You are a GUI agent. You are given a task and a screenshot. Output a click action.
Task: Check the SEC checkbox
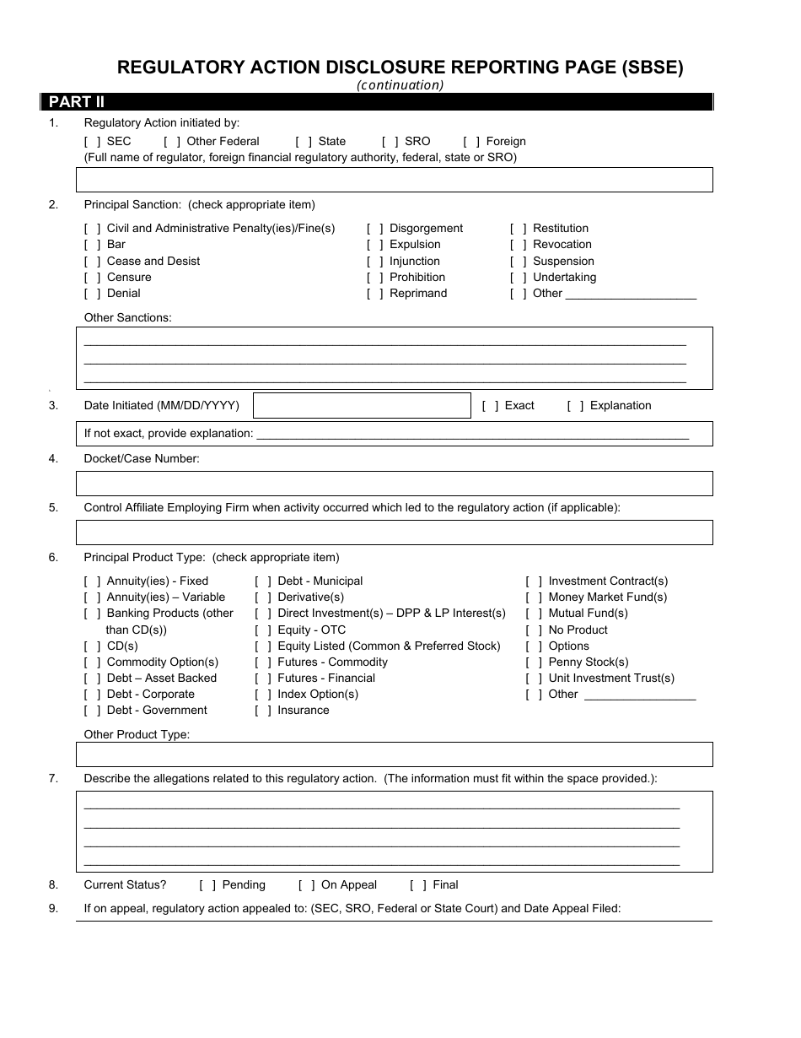tap(93, 142)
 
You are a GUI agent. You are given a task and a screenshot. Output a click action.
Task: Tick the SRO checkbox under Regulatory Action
tap(390, 142)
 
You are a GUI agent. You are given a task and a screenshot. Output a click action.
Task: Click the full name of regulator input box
tap(394, 180)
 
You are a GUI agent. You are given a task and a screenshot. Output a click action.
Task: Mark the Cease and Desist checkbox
tap(93, 262)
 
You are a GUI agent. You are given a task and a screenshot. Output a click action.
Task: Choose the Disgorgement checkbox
tap(375, 229)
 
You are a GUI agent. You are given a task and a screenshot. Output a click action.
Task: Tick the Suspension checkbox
tap(519, 262)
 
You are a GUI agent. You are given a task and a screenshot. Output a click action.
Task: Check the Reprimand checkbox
tap(375, 294)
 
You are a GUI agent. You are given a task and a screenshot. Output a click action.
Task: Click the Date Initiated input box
tap(362, 406)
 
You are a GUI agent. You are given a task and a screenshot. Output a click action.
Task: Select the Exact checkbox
tap(491, 406)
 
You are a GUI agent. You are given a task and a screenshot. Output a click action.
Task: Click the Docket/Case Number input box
tap(394, 484)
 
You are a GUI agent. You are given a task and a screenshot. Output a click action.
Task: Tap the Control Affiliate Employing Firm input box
tap(394, 533)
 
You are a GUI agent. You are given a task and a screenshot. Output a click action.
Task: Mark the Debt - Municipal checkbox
tap(263, 581)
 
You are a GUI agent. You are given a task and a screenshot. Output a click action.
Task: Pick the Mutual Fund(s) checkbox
tap(534, 614)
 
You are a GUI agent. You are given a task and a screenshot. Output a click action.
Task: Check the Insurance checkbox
tap(263, 711)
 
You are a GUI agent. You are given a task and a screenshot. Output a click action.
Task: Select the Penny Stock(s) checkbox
tap(534, 662)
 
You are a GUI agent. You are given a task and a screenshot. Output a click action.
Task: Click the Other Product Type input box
tap(394, 754)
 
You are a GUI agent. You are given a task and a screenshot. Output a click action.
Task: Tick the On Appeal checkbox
tap(307, 885)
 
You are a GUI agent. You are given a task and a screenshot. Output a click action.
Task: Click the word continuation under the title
tap(400, 84)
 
